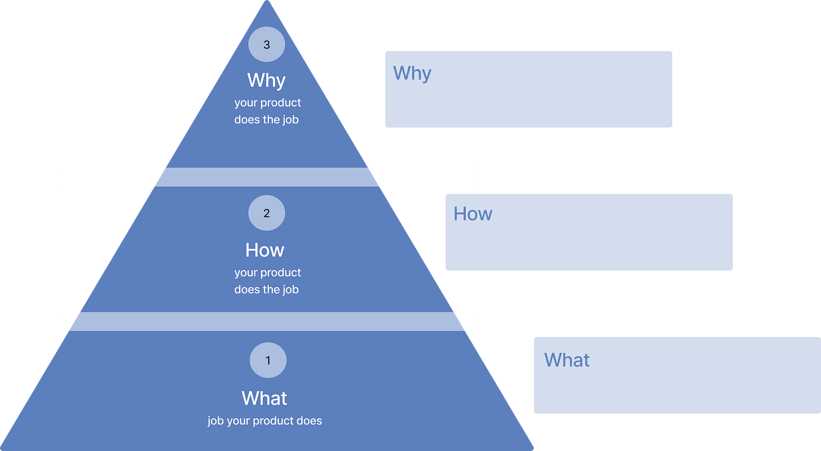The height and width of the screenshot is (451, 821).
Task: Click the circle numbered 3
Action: point(267,45)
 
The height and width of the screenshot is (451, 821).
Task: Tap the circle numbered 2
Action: point(267,213)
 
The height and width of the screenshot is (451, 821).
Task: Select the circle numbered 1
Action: point(268,360)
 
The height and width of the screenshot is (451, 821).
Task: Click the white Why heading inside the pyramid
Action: point(266,80)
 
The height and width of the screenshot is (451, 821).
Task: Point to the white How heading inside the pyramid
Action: point(265,250)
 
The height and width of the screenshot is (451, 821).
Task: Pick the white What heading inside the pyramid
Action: point(264,398)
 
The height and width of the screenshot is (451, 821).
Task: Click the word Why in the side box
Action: point(412,73)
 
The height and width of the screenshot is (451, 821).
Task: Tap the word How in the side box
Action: point(473,214)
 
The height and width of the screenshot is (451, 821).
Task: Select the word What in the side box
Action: point(567,360)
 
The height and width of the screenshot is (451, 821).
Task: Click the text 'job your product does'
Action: point(264,421)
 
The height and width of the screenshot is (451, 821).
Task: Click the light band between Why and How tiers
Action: point(266,177)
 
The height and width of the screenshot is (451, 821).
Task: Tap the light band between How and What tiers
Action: point(266,321)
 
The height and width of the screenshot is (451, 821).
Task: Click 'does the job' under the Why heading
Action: point(267,120)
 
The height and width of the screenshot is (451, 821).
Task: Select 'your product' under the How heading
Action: point(268,272)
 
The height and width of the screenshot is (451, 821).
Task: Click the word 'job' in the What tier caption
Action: point(215,421)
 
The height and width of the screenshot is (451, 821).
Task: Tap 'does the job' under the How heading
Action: point(267,289)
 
